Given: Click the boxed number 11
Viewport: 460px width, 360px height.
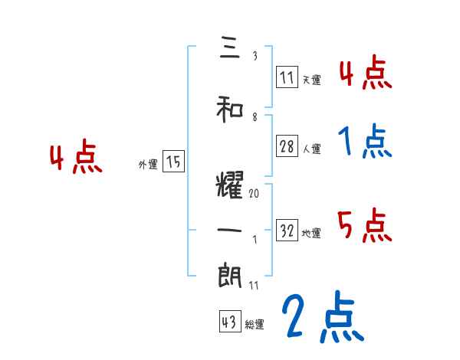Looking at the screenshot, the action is (287, 77).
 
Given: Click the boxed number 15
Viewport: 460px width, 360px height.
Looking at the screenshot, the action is (173, 162).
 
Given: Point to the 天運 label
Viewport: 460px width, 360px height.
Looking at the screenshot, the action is (311, 79).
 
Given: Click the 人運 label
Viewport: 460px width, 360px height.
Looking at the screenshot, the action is (312, 149).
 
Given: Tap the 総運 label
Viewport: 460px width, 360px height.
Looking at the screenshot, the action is (254, 324).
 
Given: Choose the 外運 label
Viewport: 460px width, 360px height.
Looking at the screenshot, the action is (148, 164).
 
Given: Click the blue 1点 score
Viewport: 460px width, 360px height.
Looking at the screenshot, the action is (365, 141).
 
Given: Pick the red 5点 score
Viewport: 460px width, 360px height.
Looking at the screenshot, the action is (365, 224).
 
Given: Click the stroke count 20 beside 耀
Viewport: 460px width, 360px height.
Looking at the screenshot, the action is (255, 194).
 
